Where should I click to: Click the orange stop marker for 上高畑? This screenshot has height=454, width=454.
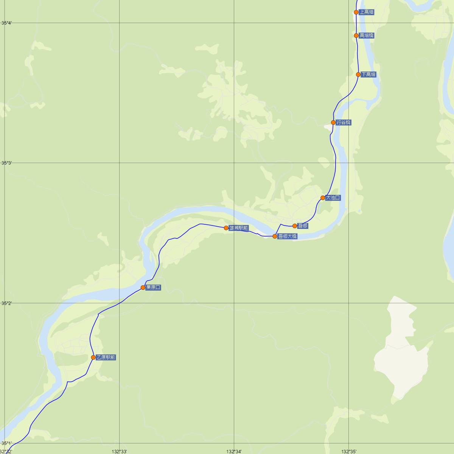356,12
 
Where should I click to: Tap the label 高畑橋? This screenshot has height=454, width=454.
366,36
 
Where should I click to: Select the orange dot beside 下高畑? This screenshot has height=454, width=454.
358,75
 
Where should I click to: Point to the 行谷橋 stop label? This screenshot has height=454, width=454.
343,123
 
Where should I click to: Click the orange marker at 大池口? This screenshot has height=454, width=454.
323,198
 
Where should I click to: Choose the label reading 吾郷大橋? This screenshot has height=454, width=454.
287,236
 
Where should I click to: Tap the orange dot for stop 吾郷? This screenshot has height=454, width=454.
295,226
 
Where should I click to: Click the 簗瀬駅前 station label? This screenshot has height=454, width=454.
239,228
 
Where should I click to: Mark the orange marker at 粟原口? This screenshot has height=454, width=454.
143,288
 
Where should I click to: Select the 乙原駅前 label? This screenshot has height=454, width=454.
106,358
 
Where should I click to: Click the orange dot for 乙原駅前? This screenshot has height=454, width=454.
93,358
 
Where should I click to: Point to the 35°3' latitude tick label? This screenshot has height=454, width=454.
6,163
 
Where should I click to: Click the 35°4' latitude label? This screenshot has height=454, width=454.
6,23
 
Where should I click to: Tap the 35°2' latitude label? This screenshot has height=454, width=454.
6,303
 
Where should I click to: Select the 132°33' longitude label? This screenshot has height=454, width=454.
119,451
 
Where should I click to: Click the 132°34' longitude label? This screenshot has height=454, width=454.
234,451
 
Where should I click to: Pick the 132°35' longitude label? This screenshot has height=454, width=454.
348,451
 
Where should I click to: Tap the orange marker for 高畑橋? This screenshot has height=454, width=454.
356,36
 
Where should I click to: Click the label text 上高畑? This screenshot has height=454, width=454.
366,12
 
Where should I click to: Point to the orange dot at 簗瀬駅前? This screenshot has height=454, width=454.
226,228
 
